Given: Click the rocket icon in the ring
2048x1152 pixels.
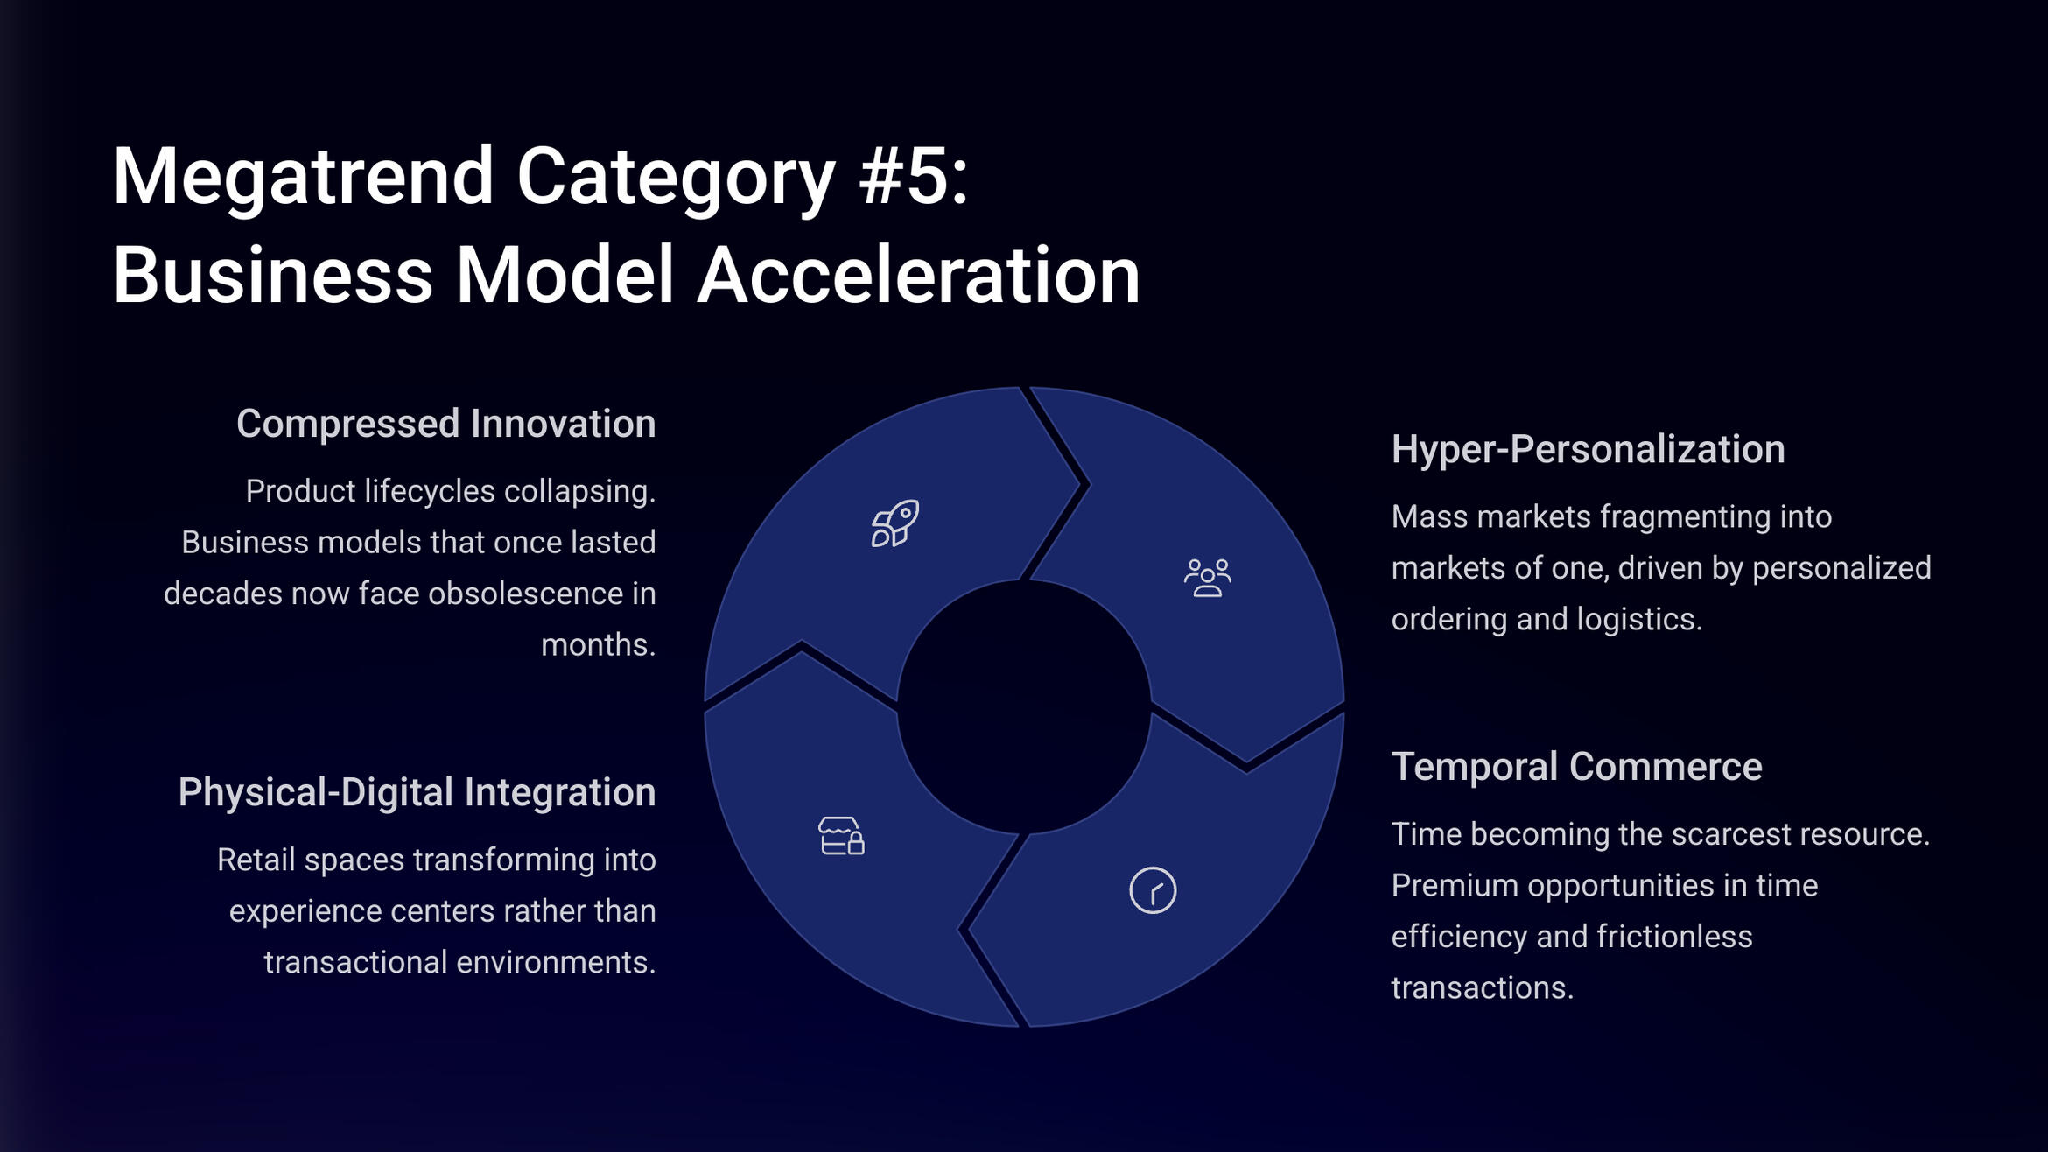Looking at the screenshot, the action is tap(894, 523).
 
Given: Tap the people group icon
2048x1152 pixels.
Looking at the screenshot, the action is tap(1208, 578).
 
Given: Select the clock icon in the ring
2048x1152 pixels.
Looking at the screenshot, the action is tap(1153, 890).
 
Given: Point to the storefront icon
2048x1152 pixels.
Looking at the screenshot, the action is tap(841, 836).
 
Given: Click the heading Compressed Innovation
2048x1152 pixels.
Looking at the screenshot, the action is tap(446, 424).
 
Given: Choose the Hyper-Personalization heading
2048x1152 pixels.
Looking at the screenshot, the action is tap(1588, 449).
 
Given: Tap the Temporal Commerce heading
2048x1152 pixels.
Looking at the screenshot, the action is tap(1576, 767).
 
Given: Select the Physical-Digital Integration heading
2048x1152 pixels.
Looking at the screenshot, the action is tap(417, 792).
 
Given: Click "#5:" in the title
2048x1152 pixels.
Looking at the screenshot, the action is tap(914, 176).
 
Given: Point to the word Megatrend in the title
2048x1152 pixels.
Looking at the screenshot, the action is tap(304, 176).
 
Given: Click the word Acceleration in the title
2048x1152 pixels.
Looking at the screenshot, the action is tap(919, 275).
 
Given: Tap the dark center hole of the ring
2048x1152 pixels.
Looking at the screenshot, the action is tap(1024, 706).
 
